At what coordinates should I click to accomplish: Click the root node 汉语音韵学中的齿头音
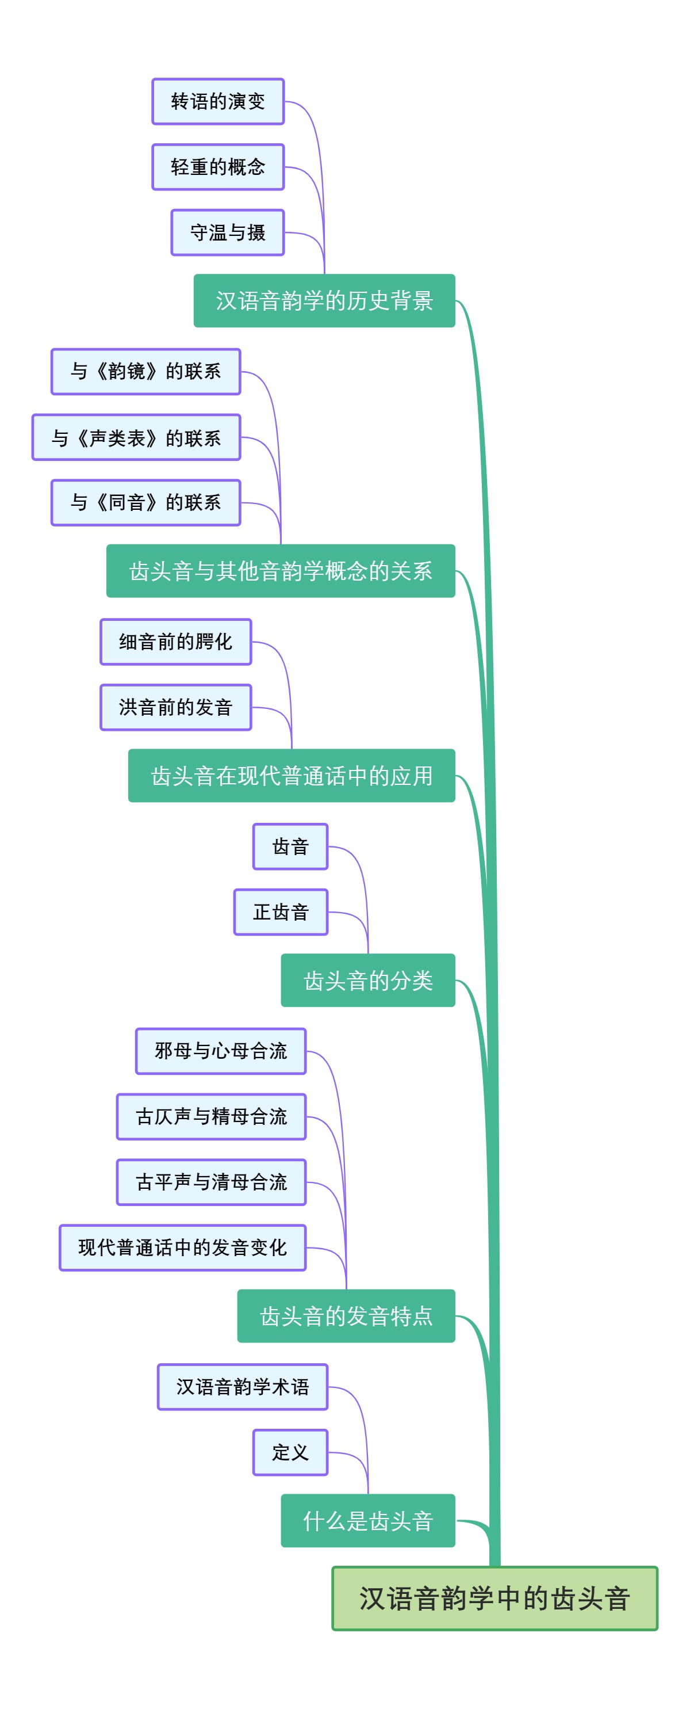(494, 1597)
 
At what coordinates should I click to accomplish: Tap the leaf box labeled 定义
(290, 1452)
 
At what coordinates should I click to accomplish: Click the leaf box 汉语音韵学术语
(243, 1386)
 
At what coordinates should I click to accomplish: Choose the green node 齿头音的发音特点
(346, 1315)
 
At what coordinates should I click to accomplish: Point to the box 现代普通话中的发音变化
(182, 1248)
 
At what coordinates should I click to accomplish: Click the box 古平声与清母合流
(211, 1181)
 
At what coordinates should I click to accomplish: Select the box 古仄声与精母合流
(211, 1116)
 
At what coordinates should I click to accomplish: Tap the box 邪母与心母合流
(221, 1050)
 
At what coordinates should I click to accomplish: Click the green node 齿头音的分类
(368, 980)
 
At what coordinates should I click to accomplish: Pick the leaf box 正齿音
(281, 911)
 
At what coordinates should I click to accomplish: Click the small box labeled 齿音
(290, 846)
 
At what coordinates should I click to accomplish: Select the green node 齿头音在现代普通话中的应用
(292, 775)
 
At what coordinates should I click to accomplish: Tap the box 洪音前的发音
(175, 707)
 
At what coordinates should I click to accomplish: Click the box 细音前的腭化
(175, 641)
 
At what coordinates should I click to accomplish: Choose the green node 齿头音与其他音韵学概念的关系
(281, 571)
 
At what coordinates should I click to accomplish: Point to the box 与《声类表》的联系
(136, 437)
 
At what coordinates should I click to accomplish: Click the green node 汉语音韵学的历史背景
(324, 300)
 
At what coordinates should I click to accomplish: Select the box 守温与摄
(227, 232)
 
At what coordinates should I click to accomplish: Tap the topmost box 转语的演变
(217, 101)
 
